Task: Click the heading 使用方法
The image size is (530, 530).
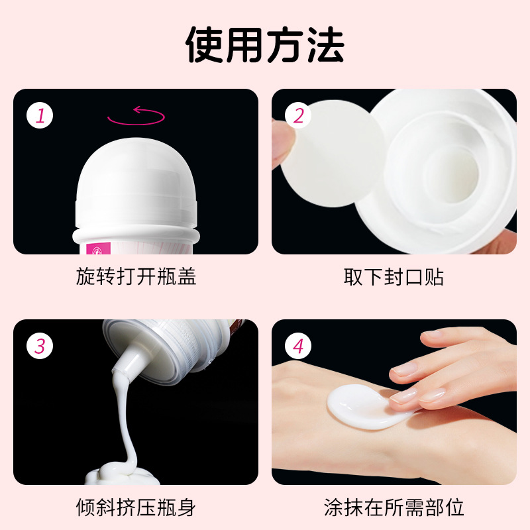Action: [x=265, y=44]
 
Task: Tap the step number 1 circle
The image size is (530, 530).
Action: [x=40, y=115]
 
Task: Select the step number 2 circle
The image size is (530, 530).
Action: [x=297, y=115]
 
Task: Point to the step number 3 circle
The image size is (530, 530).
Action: [x=40, y=346]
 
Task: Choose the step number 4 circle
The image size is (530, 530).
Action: [x=297, y=346]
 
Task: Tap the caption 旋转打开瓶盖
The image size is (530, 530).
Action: [x=136, y=277]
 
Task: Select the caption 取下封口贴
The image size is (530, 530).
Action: [x=394, y=277]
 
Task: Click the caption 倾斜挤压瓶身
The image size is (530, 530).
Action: [x=136, y=507]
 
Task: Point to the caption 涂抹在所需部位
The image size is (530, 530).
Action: [x=394, y=507]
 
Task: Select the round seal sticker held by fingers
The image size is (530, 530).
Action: [x=333, y=154]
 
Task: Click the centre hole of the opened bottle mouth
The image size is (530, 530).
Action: [x=452, y=176]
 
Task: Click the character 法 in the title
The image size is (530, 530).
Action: [x=325, y=44]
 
